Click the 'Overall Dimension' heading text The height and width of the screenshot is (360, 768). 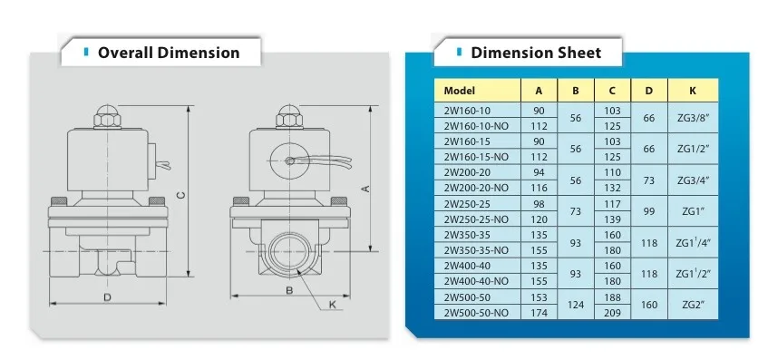coord(169,53)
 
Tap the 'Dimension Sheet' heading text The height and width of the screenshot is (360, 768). coord(536,53)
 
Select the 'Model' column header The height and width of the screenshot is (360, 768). coord(460,91)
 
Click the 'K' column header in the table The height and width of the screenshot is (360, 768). coord(693,91)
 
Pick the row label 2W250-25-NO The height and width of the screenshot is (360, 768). coord(476,219)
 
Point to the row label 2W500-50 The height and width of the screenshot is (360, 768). coord(468,297)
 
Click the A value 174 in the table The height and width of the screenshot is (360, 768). coord(539,313)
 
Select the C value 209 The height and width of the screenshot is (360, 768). coord(612,313)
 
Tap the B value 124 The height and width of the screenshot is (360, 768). coord(576,305)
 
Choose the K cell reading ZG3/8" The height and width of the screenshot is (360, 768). coord(693,118)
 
